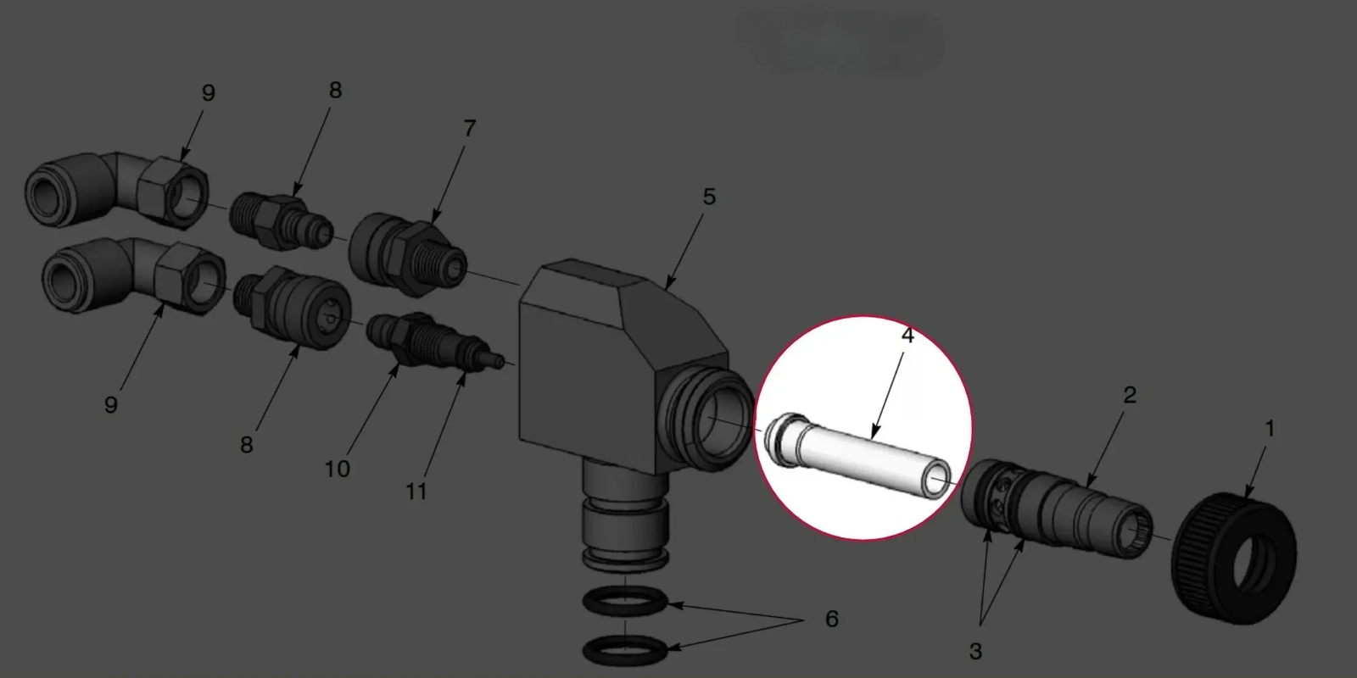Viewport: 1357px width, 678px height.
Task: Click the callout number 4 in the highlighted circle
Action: click(907, 336)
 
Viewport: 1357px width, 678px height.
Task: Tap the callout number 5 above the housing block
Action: click(709, 197)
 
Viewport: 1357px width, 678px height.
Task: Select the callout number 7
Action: click(470, 128)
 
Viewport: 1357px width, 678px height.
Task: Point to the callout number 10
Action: click(338, 470)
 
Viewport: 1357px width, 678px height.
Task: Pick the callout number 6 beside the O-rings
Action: click(832, 619)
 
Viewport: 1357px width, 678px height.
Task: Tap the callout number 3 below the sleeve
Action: click(975, 652)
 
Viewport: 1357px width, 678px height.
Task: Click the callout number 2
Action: click(1130, 395)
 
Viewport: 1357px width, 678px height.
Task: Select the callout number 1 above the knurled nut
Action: click(1270, 429)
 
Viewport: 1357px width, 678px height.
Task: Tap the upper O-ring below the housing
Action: click(625, 603)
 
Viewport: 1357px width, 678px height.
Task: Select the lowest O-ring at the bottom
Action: click(625, 651)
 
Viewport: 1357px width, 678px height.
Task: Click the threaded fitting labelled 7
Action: click(408, 254)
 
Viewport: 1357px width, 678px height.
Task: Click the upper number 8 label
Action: click(335, 90)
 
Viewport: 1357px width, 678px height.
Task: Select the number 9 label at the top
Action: click(208, 92)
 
